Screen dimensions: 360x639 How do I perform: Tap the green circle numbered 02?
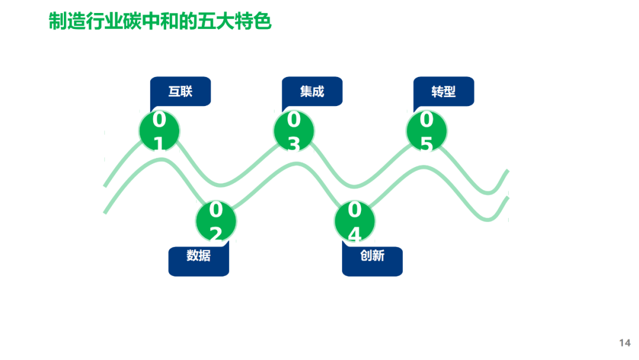coord(216,220)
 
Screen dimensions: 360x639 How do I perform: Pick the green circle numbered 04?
coord(354,221)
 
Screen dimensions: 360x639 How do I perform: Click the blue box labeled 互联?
coord(180,92)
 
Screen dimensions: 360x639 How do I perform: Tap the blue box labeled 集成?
coord(312,92)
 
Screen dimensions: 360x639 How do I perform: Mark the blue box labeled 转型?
coord(444,92)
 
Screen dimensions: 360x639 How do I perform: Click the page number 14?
coord(625,343)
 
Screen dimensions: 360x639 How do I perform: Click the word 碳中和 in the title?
coord(159,21)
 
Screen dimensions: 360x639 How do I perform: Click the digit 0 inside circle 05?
coord(427,120)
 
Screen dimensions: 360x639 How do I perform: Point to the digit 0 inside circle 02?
coord(216,210)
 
